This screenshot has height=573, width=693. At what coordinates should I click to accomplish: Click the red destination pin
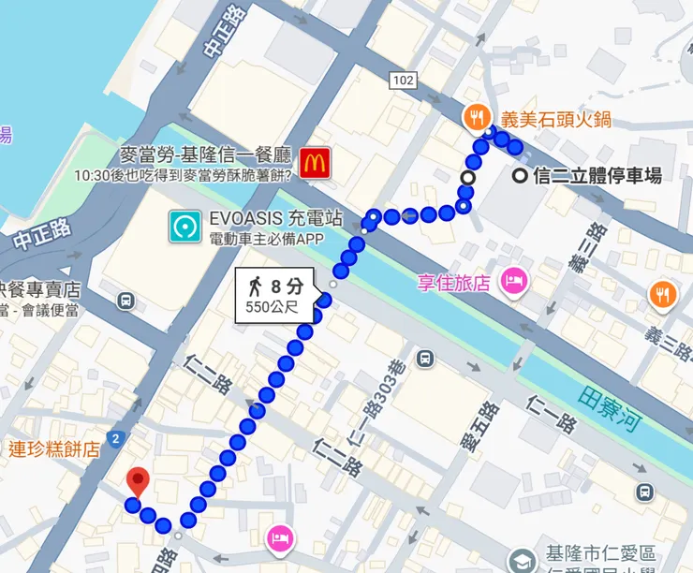138,481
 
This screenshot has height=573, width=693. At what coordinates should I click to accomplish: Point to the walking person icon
254,284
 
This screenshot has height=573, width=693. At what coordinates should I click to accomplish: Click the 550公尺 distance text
273,305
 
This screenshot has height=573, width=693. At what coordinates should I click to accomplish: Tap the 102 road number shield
404,81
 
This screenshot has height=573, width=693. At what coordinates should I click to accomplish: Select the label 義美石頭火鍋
543,118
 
